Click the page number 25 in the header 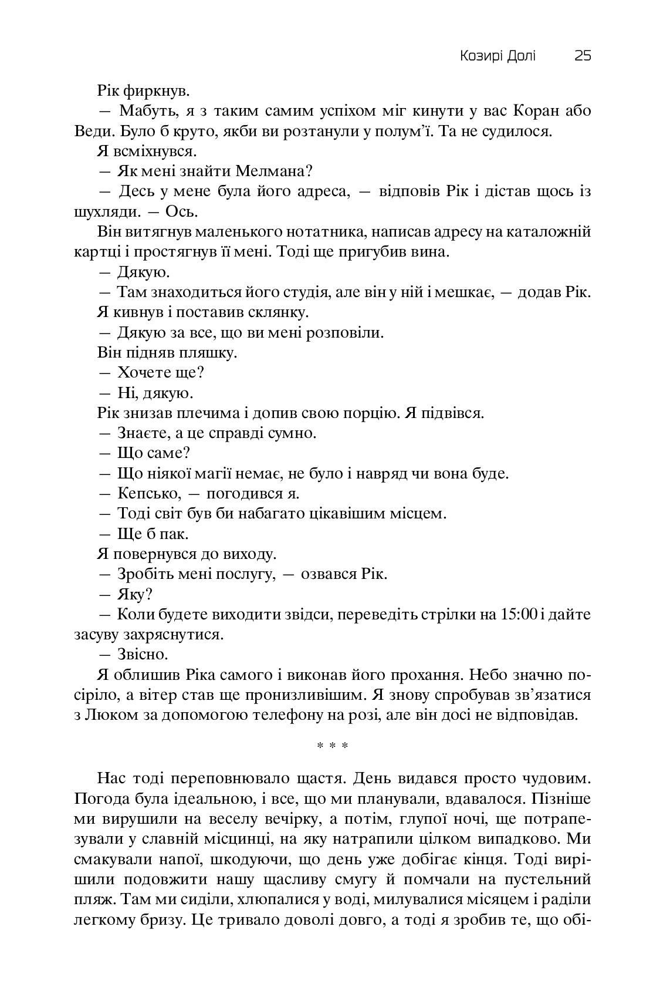click(x=583, y=56)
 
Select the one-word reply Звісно click(x=143, y=654)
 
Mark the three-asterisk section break click(x=333, y=746)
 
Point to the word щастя click(x=317, y=779)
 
